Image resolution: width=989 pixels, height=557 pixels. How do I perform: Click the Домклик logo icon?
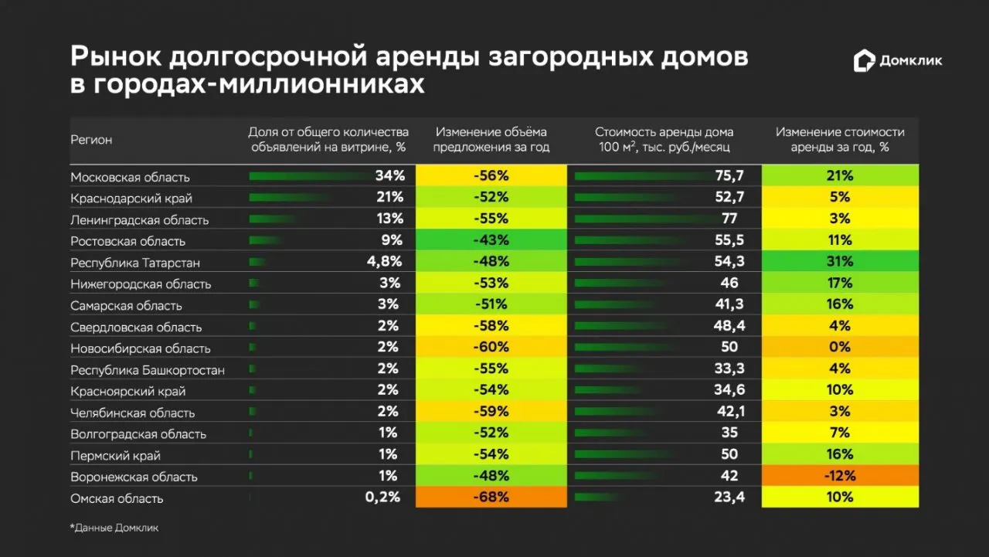coord(864,62)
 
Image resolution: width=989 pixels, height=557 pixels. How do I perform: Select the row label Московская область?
coord(130,177)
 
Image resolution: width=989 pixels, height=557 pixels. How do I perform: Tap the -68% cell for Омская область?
coord(491,498)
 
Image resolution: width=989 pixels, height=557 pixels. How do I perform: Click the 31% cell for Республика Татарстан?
coord(840,262)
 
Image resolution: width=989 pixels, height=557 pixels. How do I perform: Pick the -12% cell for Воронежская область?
coord(840,476)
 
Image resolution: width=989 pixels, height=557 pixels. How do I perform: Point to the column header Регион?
coord(91,140)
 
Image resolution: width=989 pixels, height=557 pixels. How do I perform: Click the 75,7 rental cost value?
coord(729,176)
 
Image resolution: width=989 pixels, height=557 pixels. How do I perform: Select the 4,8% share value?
coord(384,262)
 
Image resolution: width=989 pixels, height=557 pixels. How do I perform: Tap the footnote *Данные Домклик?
coord(114,528)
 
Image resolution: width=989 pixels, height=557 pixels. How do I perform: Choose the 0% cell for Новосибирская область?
coord(840,348)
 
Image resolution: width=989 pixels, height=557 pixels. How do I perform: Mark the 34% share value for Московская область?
coord(390,176)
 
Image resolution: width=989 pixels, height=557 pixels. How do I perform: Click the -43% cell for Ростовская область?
coord(491,240)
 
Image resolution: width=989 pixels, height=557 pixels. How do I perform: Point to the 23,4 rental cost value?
coord(729,498)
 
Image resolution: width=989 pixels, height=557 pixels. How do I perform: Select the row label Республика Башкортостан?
coord(148,370)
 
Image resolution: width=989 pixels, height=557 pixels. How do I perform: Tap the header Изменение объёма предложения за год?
coord(491,140)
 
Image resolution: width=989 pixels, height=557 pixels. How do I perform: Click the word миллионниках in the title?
coord(321,84)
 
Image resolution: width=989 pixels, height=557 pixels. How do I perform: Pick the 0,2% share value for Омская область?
coord(382,498)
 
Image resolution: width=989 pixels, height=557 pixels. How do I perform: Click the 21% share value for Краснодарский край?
coord(390,198)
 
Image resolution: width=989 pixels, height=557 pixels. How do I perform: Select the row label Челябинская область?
coord(132,413)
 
